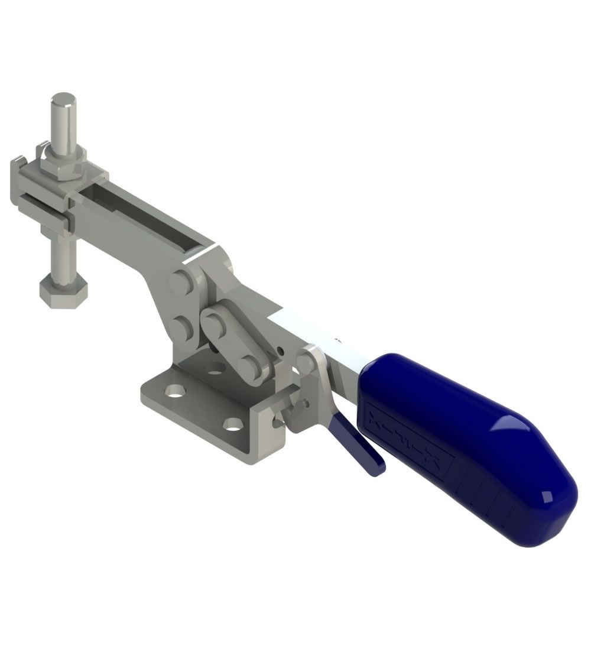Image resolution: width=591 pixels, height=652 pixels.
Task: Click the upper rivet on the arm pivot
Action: (x=181, y=283)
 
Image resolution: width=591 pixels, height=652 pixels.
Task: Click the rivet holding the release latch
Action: (x=306, y=362)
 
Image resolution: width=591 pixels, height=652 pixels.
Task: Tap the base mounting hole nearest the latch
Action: (x=234, y=423)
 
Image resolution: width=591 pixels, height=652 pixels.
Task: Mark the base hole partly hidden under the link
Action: (x=216, y=369)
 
